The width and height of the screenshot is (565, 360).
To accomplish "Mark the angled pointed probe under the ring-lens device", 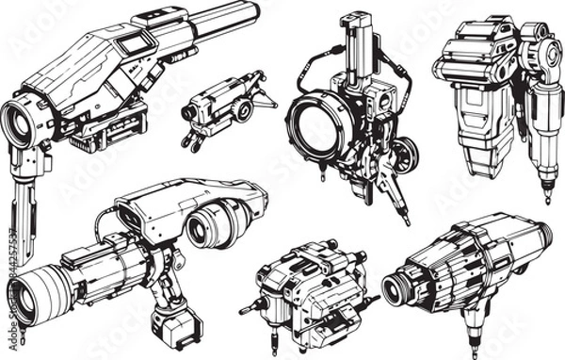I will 397,202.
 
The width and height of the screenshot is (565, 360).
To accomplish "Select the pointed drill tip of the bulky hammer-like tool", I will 546,195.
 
